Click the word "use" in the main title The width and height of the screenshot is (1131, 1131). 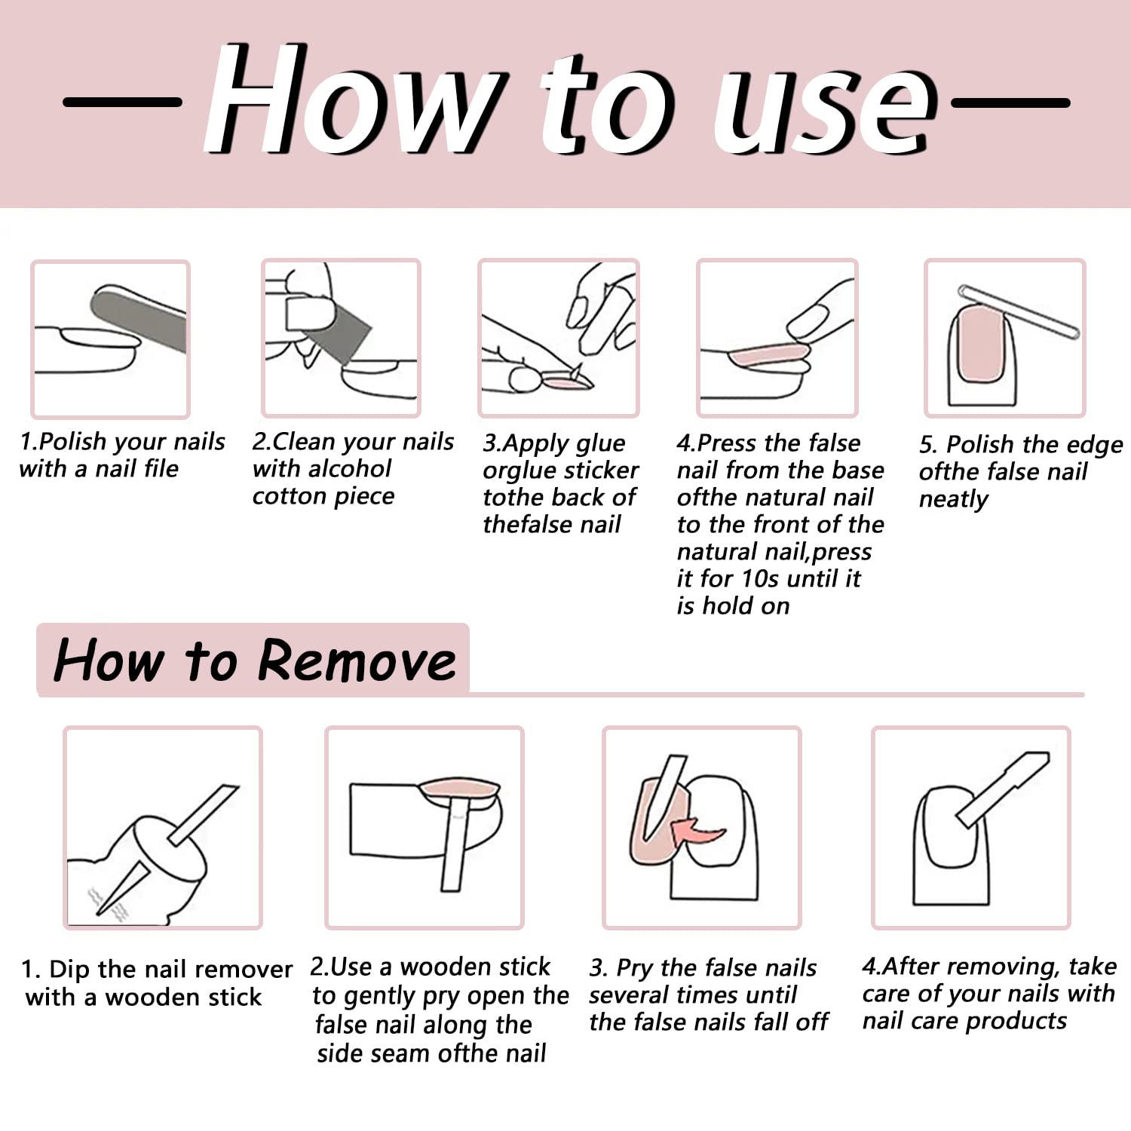tap(826, 106)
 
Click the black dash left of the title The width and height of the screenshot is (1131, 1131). tap(122, 101)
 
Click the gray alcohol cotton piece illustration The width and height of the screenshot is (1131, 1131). tap(329, 331)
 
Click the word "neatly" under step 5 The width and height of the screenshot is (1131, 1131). tap(954, 500)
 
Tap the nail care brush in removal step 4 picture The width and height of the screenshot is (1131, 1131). tap(1004, 788)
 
